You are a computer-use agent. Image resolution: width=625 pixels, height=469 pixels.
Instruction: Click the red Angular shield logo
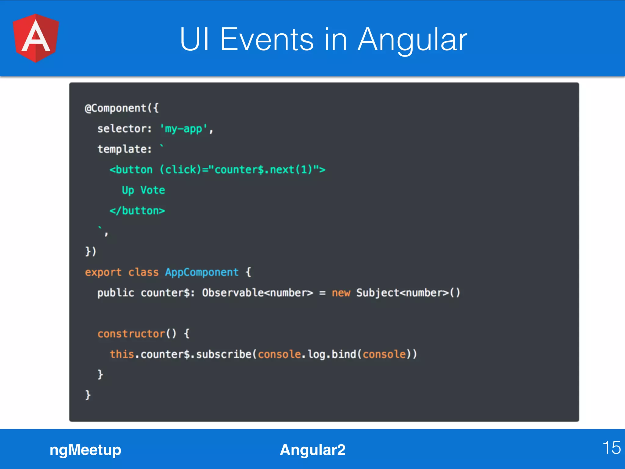point(36,38)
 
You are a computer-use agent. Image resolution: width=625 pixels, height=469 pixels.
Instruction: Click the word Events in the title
point(267,39)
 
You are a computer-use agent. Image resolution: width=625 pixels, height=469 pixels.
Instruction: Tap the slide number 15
point(611,448)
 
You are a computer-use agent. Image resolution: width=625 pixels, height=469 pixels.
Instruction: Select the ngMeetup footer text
point(85,450)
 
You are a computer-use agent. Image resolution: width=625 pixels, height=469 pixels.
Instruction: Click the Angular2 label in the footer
point(312,450)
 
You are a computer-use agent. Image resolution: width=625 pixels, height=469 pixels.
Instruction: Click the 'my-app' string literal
point(184,129)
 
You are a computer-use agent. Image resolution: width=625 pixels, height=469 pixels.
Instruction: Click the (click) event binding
point(180,169)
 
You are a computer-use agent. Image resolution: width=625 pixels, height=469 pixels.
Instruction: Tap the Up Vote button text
point(143,190)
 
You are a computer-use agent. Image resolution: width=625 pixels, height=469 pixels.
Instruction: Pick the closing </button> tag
point(137,211)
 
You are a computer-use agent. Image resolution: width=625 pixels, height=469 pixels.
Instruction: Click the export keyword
point(103,272)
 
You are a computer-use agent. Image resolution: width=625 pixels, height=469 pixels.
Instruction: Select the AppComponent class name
point(202,272)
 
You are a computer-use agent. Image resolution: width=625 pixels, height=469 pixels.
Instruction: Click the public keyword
point(116,293)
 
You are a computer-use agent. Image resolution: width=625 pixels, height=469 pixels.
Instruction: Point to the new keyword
point(341,293)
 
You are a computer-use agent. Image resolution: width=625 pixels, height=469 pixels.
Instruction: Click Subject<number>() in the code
point(408,293)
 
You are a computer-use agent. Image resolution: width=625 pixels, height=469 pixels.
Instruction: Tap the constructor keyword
point(131,334)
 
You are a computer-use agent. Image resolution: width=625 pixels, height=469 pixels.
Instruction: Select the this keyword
point(122,354)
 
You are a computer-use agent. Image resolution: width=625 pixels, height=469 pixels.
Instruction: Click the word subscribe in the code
point(224,354)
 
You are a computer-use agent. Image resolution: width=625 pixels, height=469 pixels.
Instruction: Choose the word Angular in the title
point(412,39)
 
